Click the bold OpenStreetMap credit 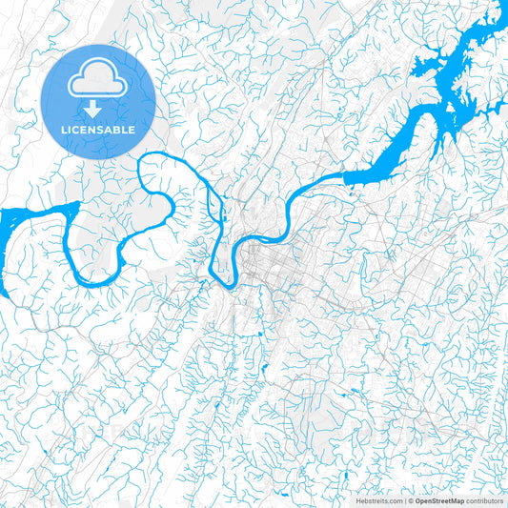[x=439, y=499]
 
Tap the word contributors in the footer [x=484, y=499]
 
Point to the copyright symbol [x=411, y=499]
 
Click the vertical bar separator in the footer [x=404, y=499]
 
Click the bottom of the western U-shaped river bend [x=95, y=284]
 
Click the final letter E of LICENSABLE [x=132, y=129]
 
